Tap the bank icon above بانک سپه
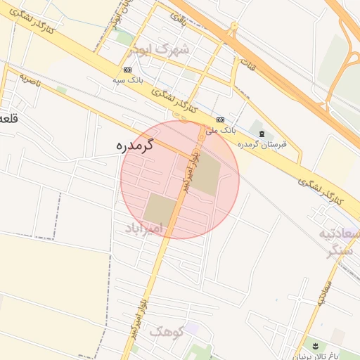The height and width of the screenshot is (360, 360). click(x=127, y=70)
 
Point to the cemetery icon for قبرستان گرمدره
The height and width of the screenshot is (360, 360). click(x=262, y=134)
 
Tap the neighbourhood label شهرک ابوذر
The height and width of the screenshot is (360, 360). click(x=160, y=50)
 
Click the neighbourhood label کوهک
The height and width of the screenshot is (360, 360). click(x=166, y=331)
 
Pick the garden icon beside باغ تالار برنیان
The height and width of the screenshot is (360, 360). click(x=315, y=345)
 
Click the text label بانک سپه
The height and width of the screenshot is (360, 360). click(x=127, y=81)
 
